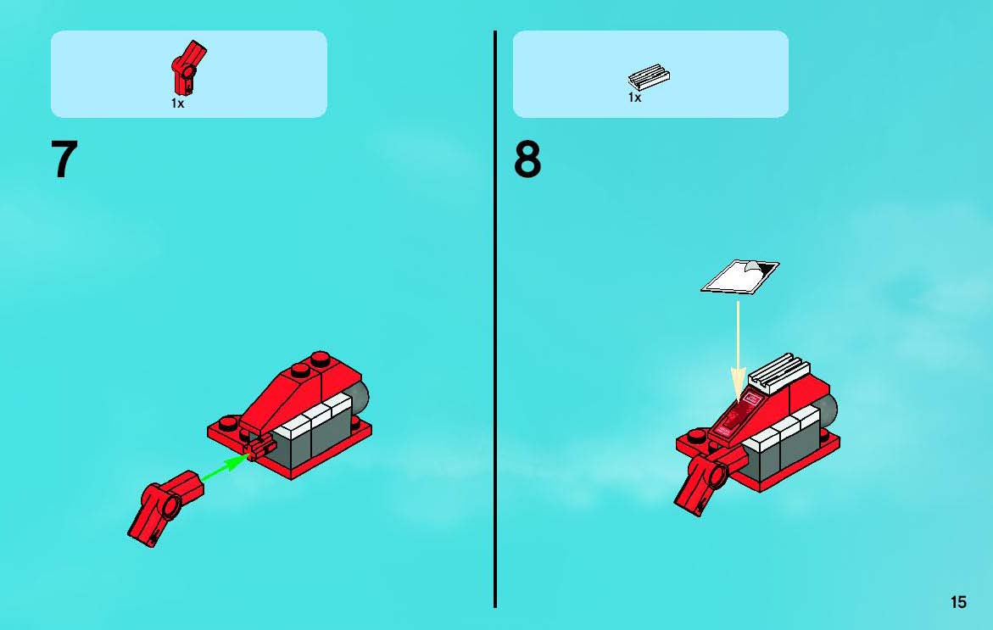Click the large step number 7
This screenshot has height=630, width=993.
pos(64,159)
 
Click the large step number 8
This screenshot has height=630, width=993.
pos(527,159)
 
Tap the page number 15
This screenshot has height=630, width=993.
pos(958,602)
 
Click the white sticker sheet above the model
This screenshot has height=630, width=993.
pos(739,276)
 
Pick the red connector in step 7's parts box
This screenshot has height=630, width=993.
pos(188,68)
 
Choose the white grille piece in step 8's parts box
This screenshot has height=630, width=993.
pos(649,77)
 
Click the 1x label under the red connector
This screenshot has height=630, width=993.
pos(177,103)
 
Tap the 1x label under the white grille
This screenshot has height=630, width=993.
pos(634,98)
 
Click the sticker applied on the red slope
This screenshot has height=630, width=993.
pos(737,414)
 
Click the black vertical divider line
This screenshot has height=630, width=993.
pos(495,319)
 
